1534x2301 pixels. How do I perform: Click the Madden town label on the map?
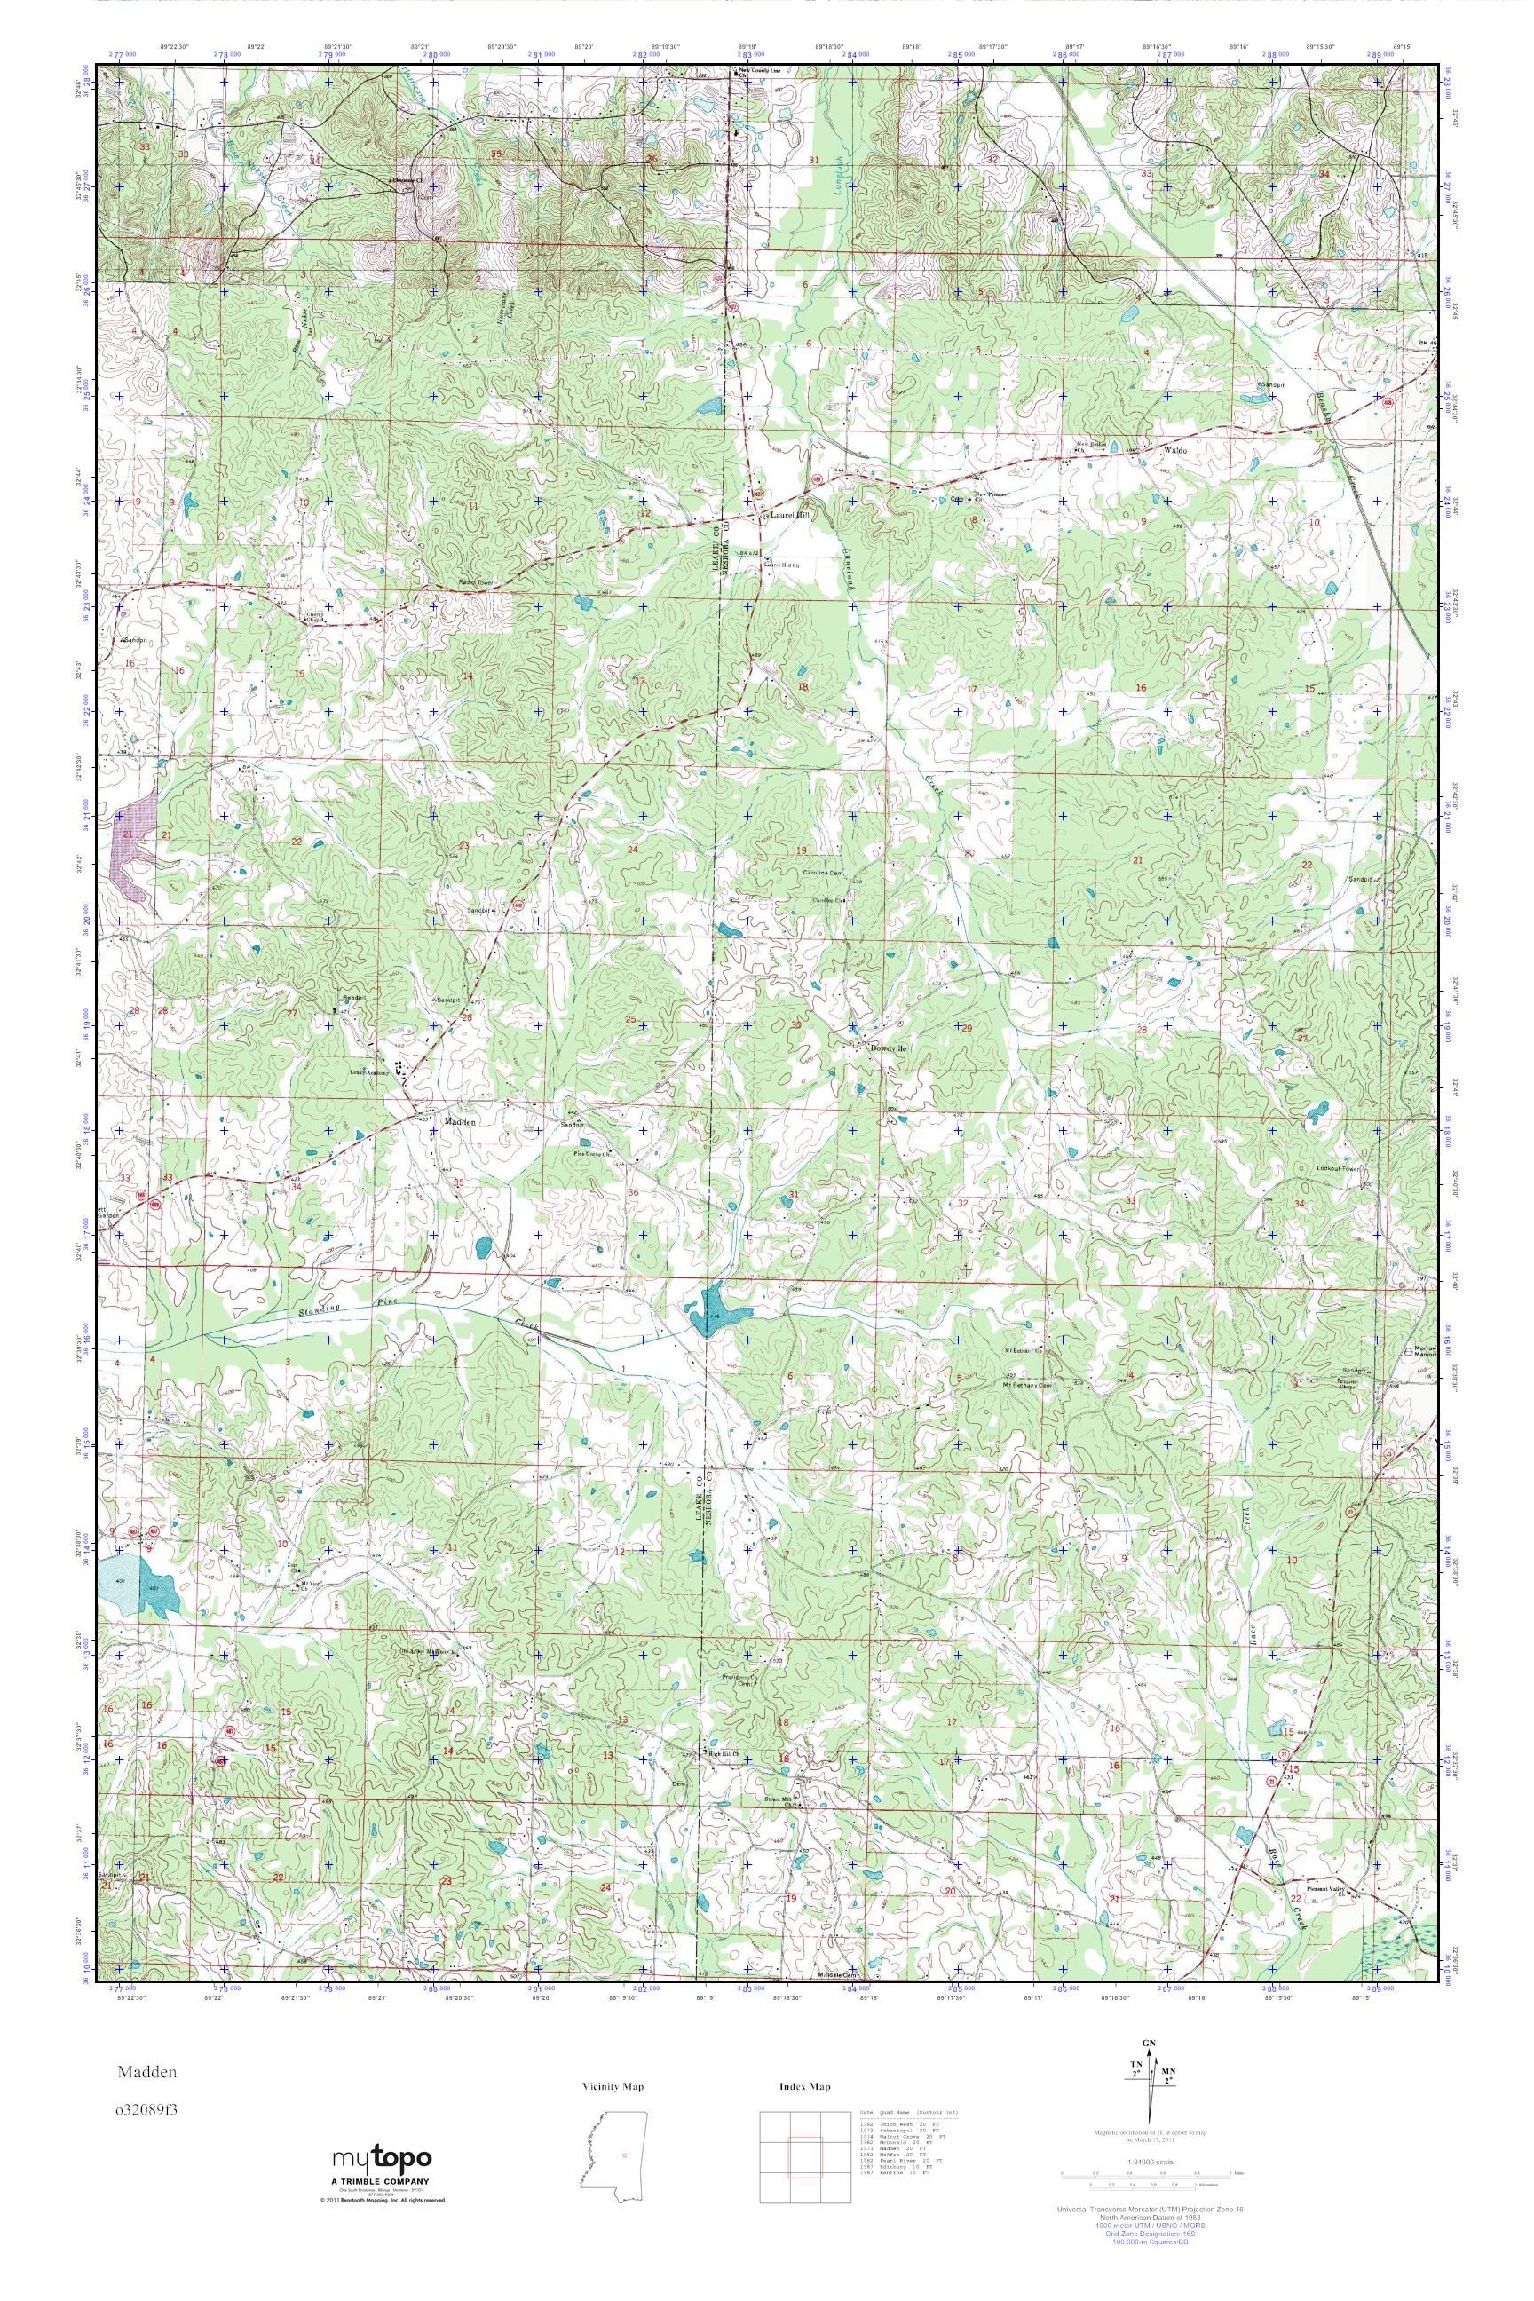(460, 1122)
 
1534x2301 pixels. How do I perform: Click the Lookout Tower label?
(1340, 1169)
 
